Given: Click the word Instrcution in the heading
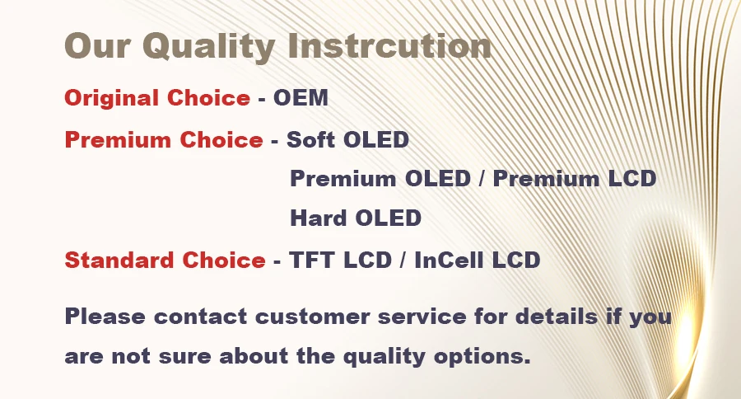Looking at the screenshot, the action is [390, 46].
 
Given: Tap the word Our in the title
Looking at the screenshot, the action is [97, 46].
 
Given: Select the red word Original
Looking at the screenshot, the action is [111, 98].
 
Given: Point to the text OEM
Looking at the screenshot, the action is [301, 98].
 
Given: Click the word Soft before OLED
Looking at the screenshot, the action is [311, 139].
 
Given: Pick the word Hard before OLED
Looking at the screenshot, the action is [318, 218].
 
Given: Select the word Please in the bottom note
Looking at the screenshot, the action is [105, 317].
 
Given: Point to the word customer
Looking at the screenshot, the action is [312, 317].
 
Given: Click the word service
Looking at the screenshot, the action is [422, 317].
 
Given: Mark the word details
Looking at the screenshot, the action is [557, 317].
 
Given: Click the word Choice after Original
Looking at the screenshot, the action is [208, 98].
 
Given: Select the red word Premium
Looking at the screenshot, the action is [118, 139].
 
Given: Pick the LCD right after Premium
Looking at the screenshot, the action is [631, 179].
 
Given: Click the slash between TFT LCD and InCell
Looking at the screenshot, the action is [403, 260].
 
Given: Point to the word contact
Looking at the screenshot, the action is [200, 317].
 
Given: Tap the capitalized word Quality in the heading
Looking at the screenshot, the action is [209, 47].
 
